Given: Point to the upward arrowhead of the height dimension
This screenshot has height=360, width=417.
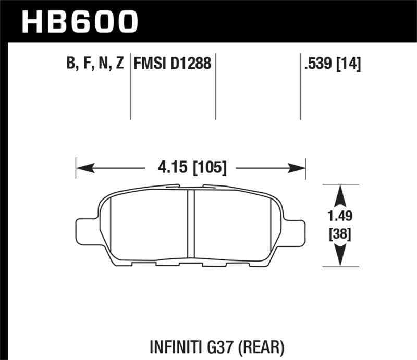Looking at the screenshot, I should (x=340, y=193).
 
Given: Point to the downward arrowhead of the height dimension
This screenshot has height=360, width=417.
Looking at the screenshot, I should (x=340, y=257).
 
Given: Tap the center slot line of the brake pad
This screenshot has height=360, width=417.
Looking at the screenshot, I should (x=190, y=224).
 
